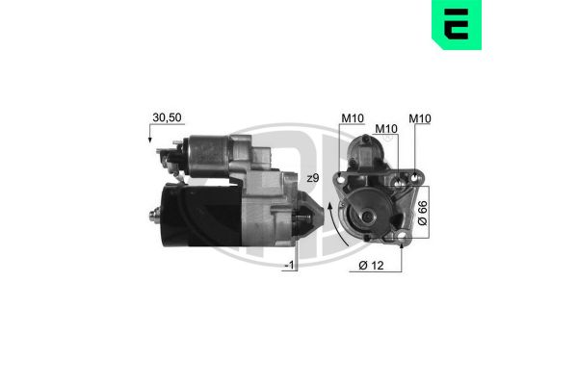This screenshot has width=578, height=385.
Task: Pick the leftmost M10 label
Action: click(351, 118)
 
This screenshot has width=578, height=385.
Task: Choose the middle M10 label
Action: click(385, 128)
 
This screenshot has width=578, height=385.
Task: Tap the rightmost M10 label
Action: click(420, 118)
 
